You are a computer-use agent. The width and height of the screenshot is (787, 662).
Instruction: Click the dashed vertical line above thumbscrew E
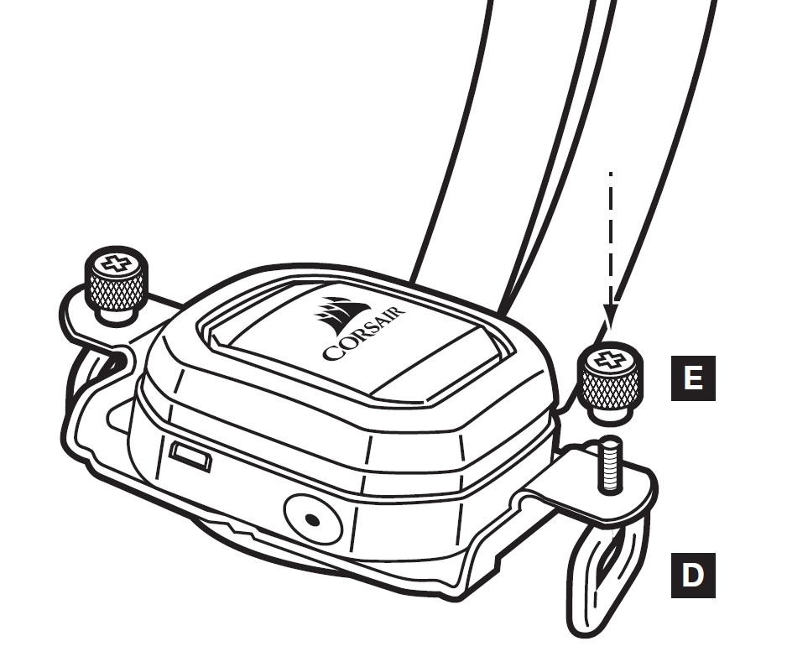611,235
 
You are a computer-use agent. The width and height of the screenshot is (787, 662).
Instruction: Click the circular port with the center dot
312,519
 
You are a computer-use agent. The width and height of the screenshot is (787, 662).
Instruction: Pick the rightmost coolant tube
671,168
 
